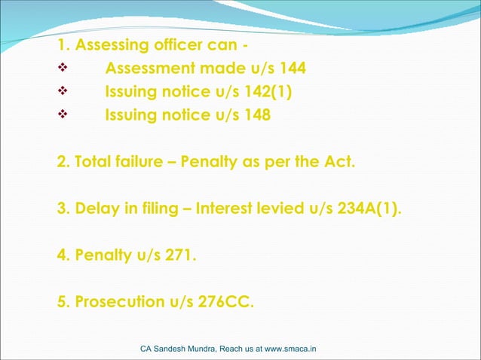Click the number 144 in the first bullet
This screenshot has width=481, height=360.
[x=293, y=69]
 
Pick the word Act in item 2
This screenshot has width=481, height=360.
[x=338, y=162]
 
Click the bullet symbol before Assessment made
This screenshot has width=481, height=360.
[x=63, y=70]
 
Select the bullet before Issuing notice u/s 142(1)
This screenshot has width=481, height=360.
[x=63, y=93]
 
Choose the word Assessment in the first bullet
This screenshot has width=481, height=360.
[x=149, y=69]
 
